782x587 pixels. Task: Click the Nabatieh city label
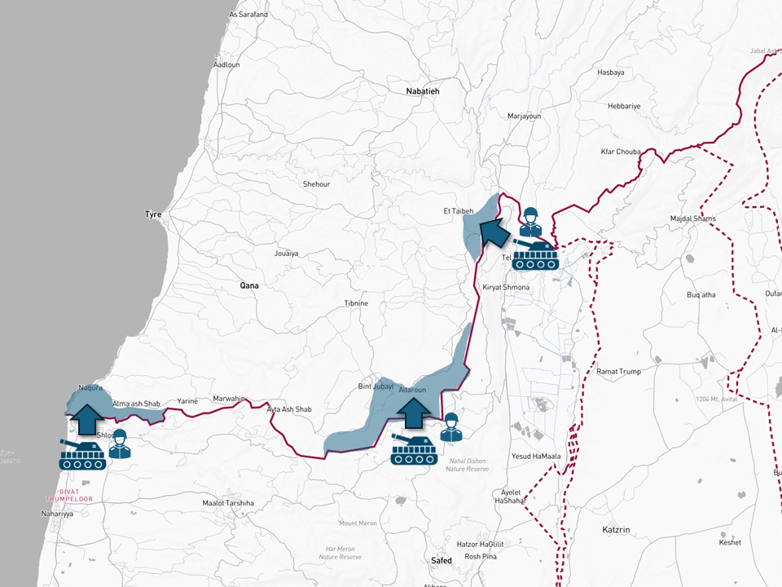(422, 91)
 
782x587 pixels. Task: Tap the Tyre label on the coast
(153, 214)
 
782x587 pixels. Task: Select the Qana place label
(248, 286)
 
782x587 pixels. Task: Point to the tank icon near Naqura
(82, 454)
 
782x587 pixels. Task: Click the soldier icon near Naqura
(120, 444)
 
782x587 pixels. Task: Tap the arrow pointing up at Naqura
(84, 417)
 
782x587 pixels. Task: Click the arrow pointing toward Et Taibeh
(492, 232)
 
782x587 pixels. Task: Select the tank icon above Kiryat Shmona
(534, 254)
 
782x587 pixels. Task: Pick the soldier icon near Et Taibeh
(531, 221)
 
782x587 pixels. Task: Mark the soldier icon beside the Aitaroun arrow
(450, 427)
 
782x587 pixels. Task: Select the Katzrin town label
(616, 530)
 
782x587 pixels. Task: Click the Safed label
(441, 560)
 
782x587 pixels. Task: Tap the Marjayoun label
(524, 117)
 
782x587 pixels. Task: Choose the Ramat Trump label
(618, 372)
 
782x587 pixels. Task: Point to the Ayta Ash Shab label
(289, 409)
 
